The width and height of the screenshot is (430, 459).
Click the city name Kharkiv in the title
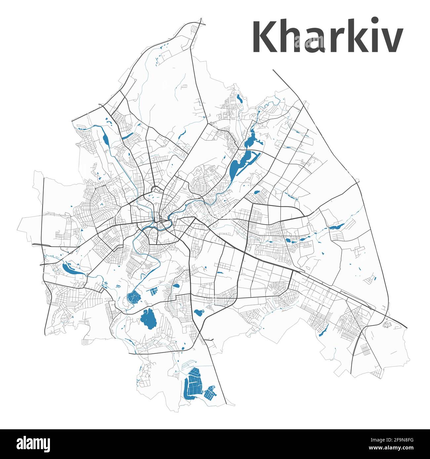pos(327,37)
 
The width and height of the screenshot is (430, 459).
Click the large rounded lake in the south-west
pos(148,319)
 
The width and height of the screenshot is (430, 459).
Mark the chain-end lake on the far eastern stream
pos(337,227)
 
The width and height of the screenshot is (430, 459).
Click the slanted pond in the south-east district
pos(323,330)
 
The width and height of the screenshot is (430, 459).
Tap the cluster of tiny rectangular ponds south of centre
pos(153,291)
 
